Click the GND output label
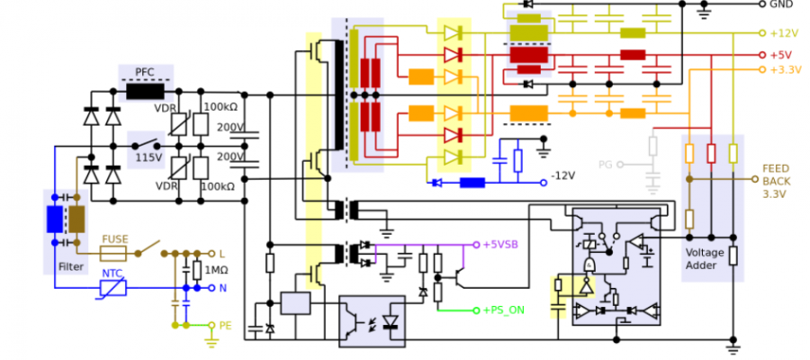pos(780,4)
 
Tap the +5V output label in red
pos(778,55)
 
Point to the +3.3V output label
pos(783,69)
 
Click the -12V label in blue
pos(563,175)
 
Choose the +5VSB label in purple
pos(500,244)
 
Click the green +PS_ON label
pos(504,310)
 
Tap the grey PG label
pos(605,165)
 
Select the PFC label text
pos(146,72)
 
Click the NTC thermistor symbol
pos(113,287)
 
